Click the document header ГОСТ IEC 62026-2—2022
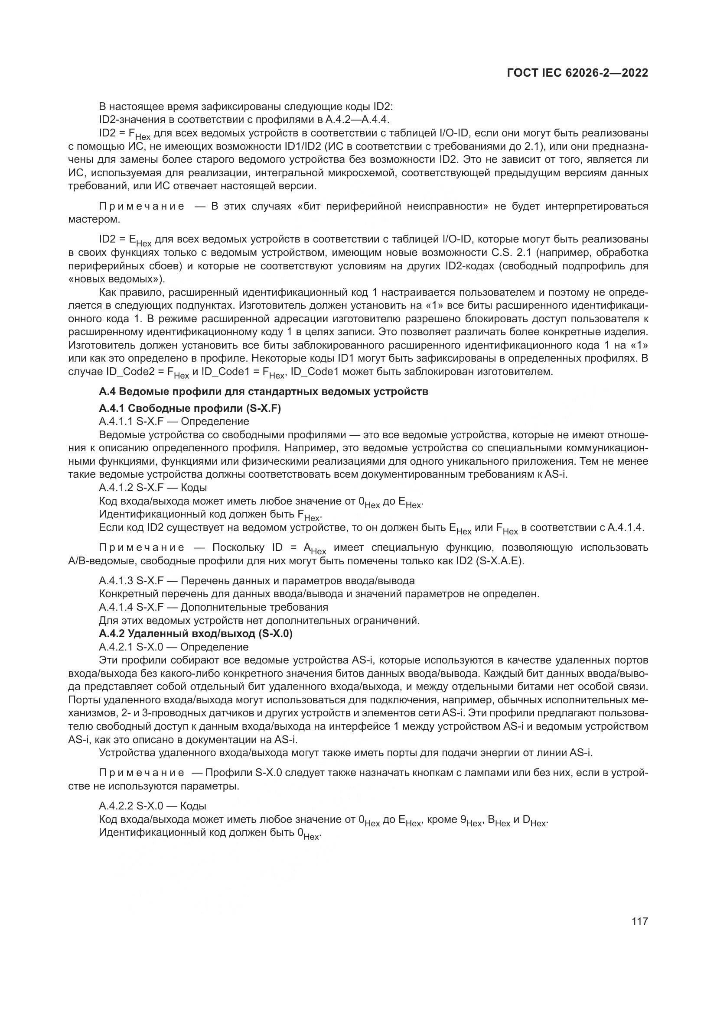click(x=577, y=73)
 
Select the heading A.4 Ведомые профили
click(x=264, y=392)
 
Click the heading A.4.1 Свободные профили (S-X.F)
click(x=190, y=408)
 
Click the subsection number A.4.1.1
click(x=116, y=421)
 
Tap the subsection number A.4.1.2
click(x=116, y=488)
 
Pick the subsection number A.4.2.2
click(x=116, y=806)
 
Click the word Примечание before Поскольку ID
click(x=142, y=548)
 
